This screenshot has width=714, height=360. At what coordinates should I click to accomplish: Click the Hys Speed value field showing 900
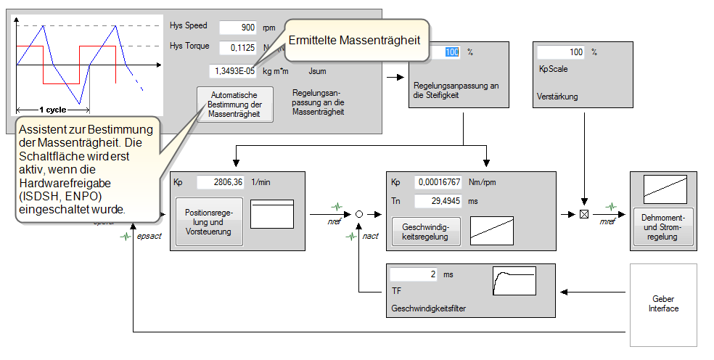pyautogui.click(x=237, y=28)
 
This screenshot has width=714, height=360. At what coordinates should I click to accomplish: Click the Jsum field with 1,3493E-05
pyautogui.click(x=232, y=71)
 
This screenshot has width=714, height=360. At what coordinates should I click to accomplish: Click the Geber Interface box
pyautogui.click(x=663, y=304)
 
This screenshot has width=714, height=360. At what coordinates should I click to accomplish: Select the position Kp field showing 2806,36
pyautogui.click(x=220, y=182)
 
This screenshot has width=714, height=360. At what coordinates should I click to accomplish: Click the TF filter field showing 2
pyautogui.click(x=414, y=275)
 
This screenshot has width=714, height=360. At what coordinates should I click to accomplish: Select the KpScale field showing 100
pyautogui.click(x=560, y=52)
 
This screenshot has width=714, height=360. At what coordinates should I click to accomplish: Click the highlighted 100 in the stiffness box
pyautogui.click(x=451, y=52)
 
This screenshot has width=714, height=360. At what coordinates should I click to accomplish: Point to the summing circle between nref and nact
pyautogui.click(x=358, y=214)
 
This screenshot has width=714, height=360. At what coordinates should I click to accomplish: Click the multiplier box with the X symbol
pyautogui.click(x=583, y=214)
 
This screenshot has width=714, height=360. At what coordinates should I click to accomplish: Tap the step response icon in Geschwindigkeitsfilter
pyautogui.click(x=514, y=280)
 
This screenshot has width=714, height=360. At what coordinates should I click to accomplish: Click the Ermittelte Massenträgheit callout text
pyautogui.click(x=354, y=41)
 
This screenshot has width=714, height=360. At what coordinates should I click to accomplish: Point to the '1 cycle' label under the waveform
pyautogui.click(x=53, y=110)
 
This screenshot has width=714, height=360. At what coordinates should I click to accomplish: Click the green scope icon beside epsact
pyautogui.click(x=126, y=236)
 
